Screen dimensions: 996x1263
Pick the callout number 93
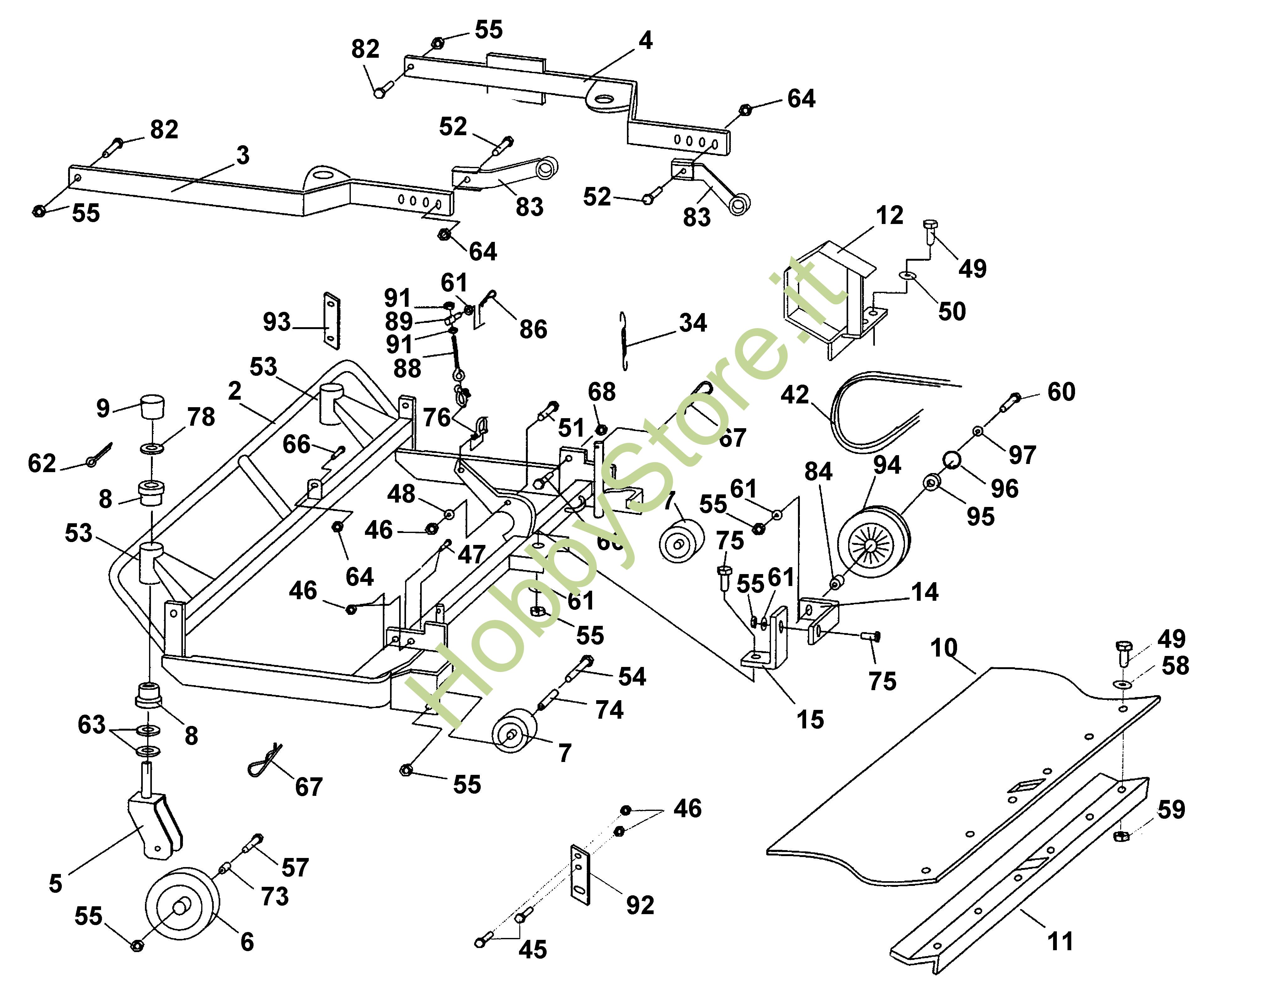[276, 322]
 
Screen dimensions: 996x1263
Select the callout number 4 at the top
[645, 40]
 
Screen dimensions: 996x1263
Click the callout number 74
[609, 710]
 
